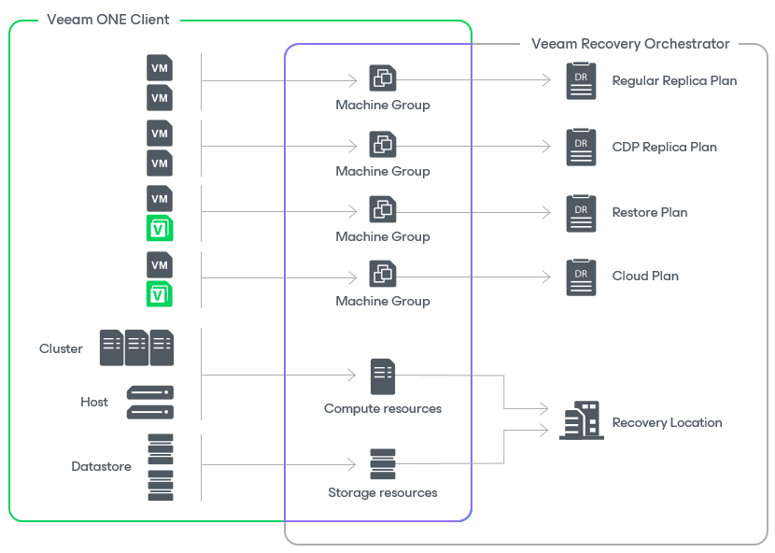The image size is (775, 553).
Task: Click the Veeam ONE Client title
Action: click(108, 20)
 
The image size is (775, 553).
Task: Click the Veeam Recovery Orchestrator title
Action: click(630, 44)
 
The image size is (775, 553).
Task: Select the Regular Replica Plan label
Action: click(674, 80)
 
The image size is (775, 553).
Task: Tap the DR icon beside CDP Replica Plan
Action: click(581, 148)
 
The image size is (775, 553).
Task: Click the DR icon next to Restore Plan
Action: click(581, 213)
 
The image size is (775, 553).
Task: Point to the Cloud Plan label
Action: click(645, 276)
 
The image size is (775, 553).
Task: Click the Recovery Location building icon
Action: click(581, 421)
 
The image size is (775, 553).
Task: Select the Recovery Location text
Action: click(667, 422)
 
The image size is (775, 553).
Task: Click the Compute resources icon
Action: click(383, 376)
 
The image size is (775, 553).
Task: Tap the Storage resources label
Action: click(383, 492)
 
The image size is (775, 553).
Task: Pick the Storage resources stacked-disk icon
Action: click(383, 464)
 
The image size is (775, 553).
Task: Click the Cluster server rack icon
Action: click(136, 347)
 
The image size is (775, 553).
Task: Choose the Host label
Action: click(94, 402)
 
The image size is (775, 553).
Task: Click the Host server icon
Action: click(150, 402)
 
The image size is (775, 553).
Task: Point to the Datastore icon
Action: click(161, 466)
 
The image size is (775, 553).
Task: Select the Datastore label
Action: click(101, 466)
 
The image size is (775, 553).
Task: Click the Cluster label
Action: click(61, 348)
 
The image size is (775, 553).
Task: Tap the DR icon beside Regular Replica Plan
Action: click(581, 81)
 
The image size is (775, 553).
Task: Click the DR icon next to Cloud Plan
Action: click(581, 277)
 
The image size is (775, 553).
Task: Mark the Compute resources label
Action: click(383, 408)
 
